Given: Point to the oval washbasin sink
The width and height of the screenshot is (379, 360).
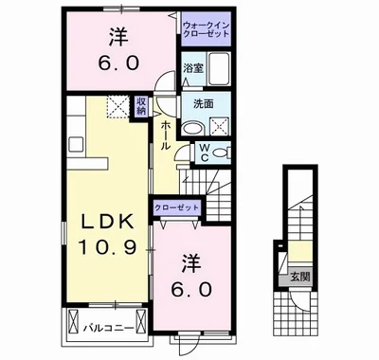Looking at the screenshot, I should point(193,129).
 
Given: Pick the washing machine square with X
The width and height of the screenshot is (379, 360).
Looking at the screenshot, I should point(221,127).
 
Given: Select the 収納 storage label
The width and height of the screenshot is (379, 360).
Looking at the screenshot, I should point(141,105).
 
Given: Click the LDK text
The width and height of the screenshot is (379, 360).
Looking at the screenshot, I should point(105,220).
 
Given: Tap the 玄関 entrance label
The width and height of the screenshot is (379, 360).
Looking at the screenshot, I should point(297,277).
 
